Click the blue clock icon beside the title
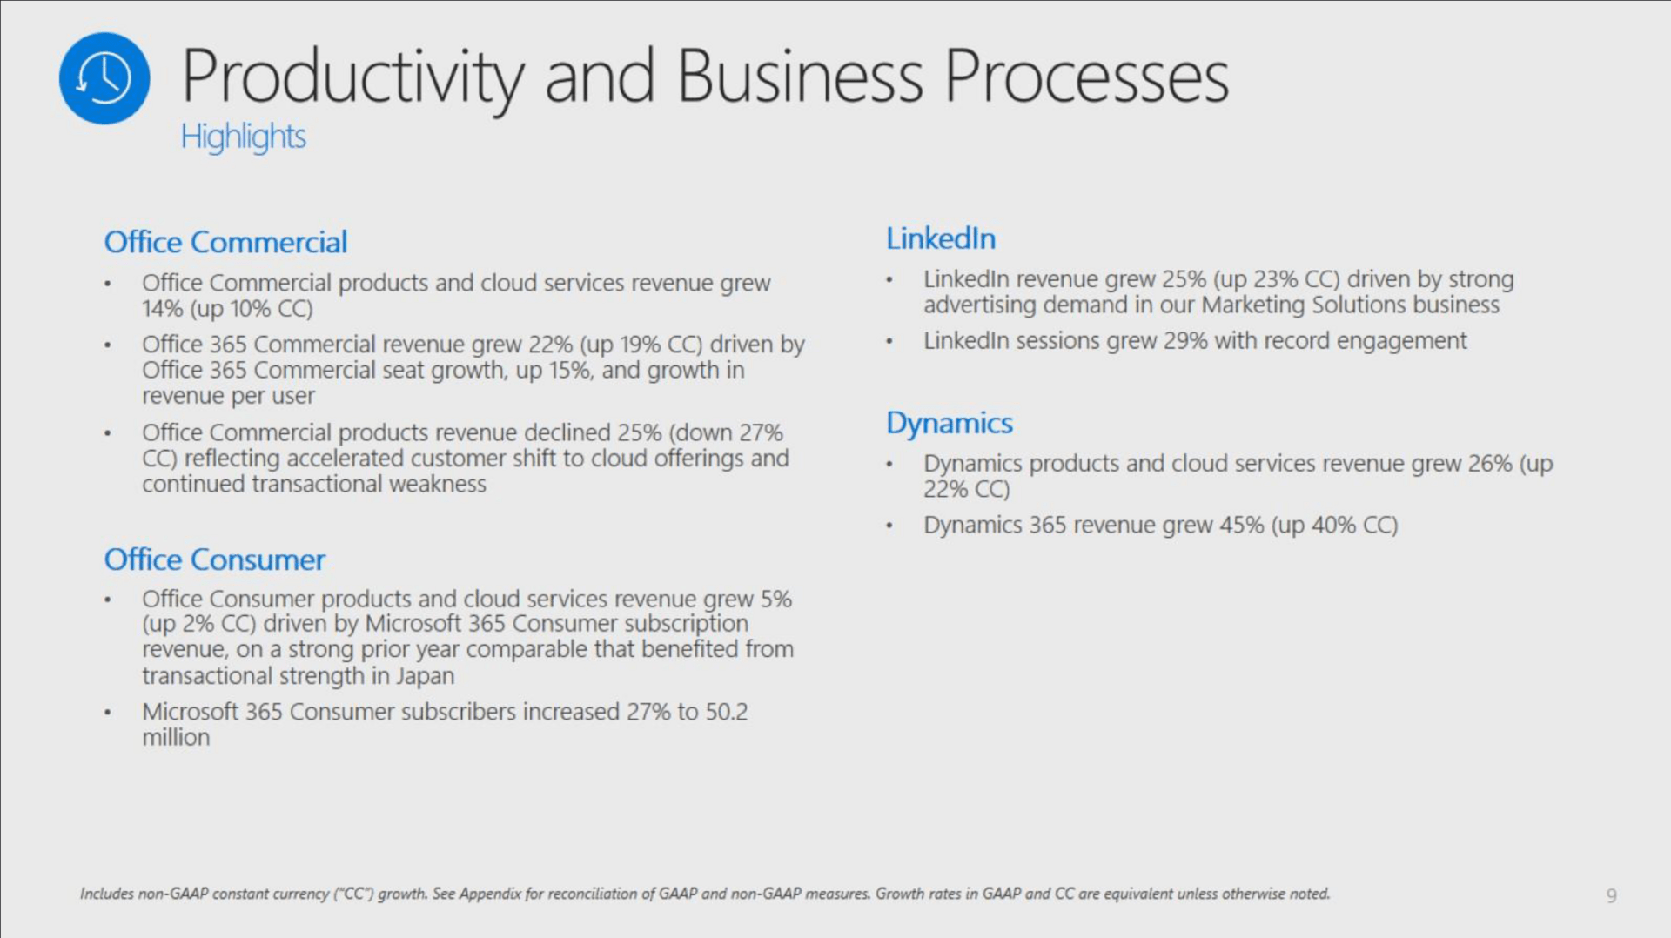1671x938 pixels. (x=104, y=78)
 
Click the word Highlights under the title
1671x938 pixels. (x=244, y=137)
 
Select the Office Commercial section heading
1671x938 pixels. (x=225, y=242)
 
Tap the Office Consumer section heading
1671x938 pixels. (x=215, y=559)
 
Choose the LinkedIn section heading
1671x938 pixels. (x=941, y=238)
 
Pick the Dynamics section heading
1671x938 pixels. (x=950, y=424)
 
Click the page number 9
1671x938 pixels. (x=1612, y=895)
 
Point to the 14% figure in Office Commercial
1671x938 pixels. (x=163, y=309)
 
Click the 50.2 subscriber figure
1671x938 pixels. (x=727, y=712)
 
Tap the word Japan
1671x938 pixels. (x=426, y=677)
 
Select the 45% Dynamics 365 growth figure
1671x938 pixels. (x=1242, y=526)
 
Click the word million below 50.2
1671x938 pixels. (x=176, y=738)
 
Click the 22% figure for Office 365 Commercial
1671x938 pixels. (x=550, y=345)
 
